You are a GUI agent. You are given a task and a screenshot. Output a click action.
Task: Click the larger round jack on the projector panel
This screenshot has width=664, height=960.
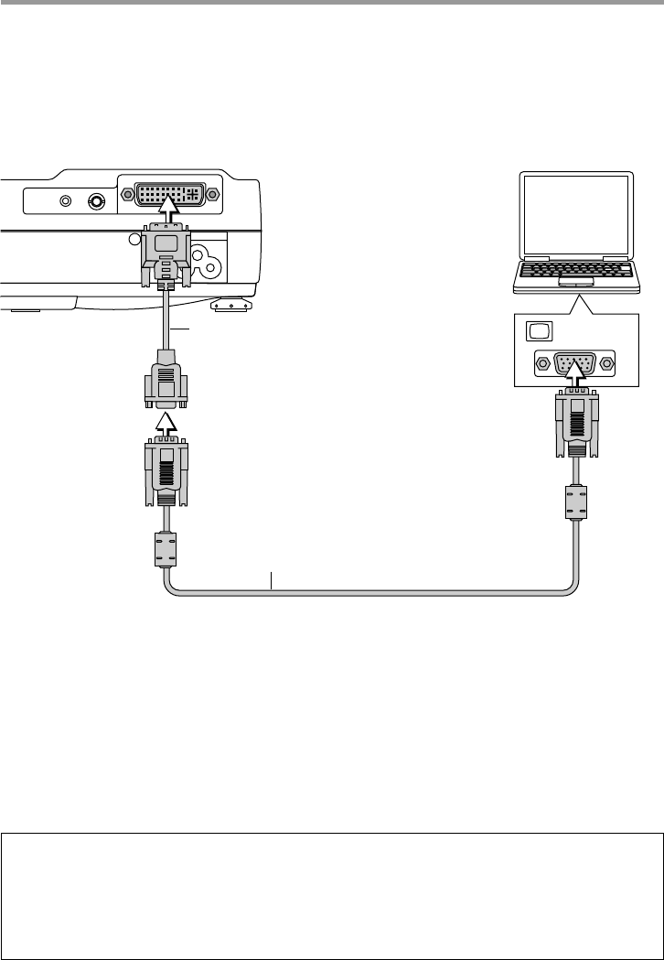pos(95,201)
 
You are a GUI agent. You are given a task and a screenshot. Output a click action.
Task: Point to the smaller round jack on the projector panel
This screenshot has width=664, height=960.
pos(66,201)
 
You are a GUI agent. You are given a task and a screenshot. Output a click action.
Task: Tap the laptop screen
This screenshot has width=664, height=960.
pos(573,213)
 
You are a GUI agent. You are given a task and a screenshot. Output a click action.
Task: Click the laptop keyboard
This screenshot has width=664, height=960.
pos(573,271)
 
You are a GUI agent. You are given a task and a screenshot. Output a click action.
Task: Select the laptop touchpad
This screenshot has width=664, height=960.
pos(573,286)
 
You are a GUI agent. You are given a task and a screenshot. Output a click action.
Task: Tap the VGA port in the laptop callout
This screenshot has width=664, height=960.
pos(574,362)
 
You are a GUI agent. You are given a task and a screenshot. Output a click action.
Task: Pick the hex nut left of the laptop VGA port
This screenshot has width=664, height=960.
pos(542,363)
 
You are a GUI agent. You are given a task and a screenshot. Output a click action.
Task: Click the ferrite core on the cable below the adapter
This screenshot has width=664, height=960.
pos(166,550)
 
